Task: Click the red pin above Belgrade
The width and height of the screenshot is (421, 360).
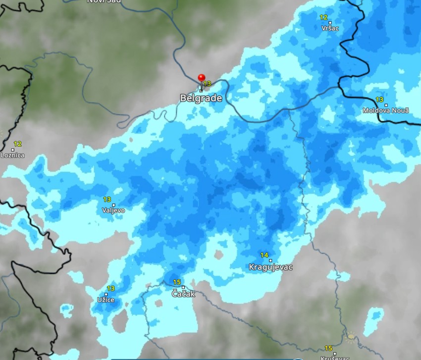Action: (201, 78)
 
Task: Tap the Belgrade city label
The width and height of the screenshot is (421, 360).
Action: (201, 98)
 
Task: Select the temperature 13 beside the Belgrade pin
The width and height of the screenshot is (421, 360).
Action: (207, 84)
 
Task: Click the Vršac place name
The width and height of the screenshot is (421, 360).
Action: (330, 28)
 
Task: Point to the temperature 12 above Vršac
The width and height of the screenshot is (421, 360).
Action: (323, 17)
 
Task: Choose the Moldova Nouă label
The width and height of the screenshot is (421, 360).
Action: (386, 110)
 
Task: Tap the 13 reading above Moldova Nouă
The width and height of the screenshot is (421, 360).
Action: (379, 100)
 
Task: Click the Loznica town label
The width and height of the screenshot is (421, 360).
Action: (12, 155)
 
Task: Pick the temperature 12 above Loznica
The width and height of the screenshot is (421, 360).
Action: (18, 144)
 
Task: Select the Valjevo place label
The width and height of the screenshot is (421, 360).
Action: (113, 210)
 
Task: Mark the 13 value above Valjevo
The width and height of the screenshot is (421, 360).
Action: (107, 200)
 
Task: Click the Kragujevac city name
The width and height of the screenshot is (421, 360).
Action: (270, 267)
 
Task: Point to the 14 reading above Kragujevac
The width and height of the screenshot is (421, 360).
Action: (264, 256)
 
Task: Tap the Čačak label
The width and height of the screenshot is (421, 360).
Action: (183, 294)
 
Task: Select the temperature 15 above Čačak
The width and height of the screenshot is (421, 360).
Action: (177, 282)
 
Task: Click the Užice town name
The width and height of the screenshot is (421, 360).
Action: (105, 300)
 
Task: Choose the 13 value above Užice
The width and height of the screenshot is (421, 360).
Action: (111, 289)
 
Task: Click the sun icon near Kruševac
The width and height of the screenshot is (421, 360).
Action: (351, 337)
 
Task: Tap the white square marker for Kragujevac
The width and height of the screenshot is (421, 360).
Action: (270, 260)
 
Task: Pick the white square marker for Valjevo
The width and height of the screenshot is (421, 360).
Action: (113, 205)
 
